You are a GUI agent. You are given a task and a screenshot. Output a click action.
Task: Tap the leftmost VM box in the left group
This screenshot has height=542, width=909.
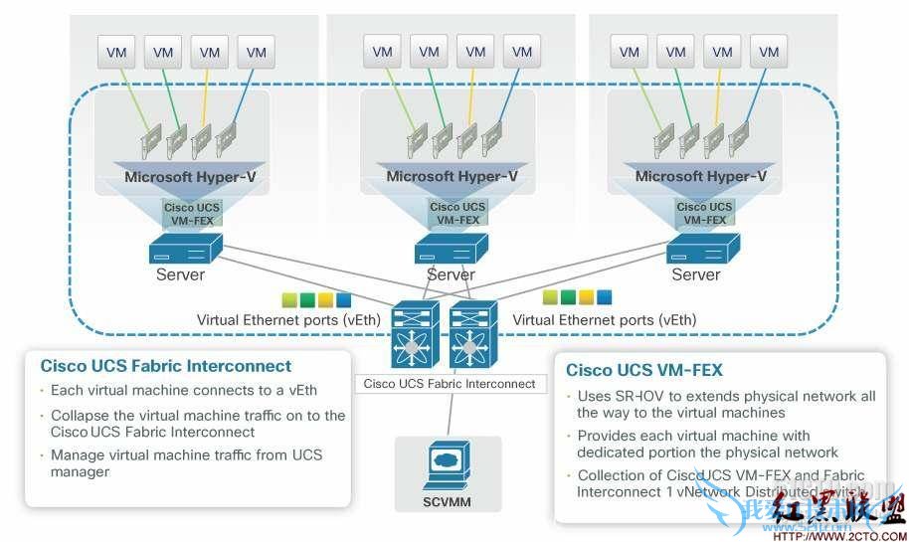(x=116, y=52)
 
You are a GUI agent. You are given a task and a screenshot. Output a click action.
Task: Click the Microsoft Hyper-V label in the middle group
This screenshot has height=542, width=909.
(x=452, y=177)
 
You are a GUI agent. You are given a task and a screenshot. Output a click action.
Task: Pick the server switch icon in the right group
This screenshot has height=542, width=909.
(x=703, y=248)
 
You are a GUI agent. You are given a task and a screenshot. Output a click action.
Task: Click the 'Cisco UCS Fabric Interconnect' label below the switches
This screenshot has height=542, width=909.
(x=450, y=383)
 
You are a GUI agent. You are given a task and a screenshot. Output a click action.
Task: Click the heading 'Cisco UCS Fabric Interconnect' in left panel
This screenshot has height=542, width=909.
(x=166, y=366)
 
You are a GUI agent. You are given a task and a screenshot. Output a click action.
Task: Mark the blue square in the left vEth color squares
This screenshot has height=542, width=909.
(x=343, y=299)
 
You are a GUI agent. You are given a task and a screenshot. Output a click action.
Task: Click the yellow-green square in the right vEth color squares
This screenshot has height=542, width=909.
(x=550, y=296)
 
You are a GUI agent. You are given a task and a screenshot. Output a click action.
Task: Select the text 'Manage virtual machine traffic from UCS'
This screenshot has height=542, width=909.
(x=187, y=455)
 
